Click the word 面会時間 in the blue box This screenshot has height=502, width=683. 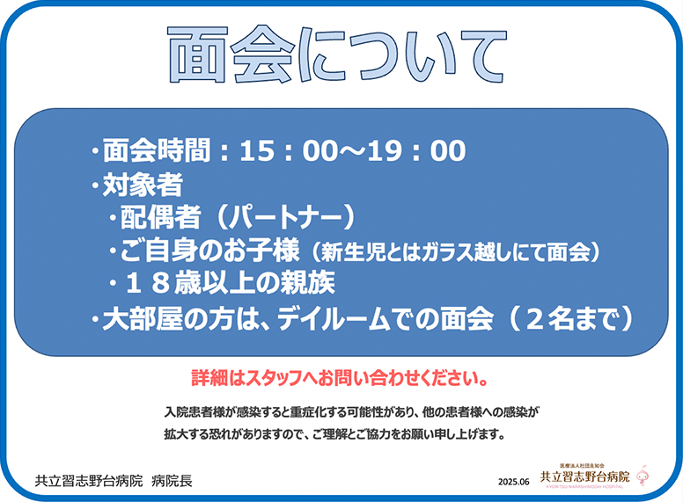(x=157, y=151)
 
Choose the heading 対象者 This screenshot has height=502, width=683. (x=143, y=185)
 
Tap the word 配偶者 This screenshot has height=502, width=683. (x=160, y=217)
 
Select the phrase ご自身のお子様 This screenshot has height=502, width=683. (x=209, y=251)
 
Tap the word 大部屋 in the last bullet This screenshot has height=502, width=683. (x=143, y=319)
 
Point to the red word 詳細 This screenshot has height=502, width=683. (x=209, y=378)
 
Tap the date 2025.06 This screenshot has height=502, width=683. (x=513, y=482)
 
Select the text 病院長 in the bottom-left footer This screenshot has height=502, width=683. (x=172, y=481)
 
